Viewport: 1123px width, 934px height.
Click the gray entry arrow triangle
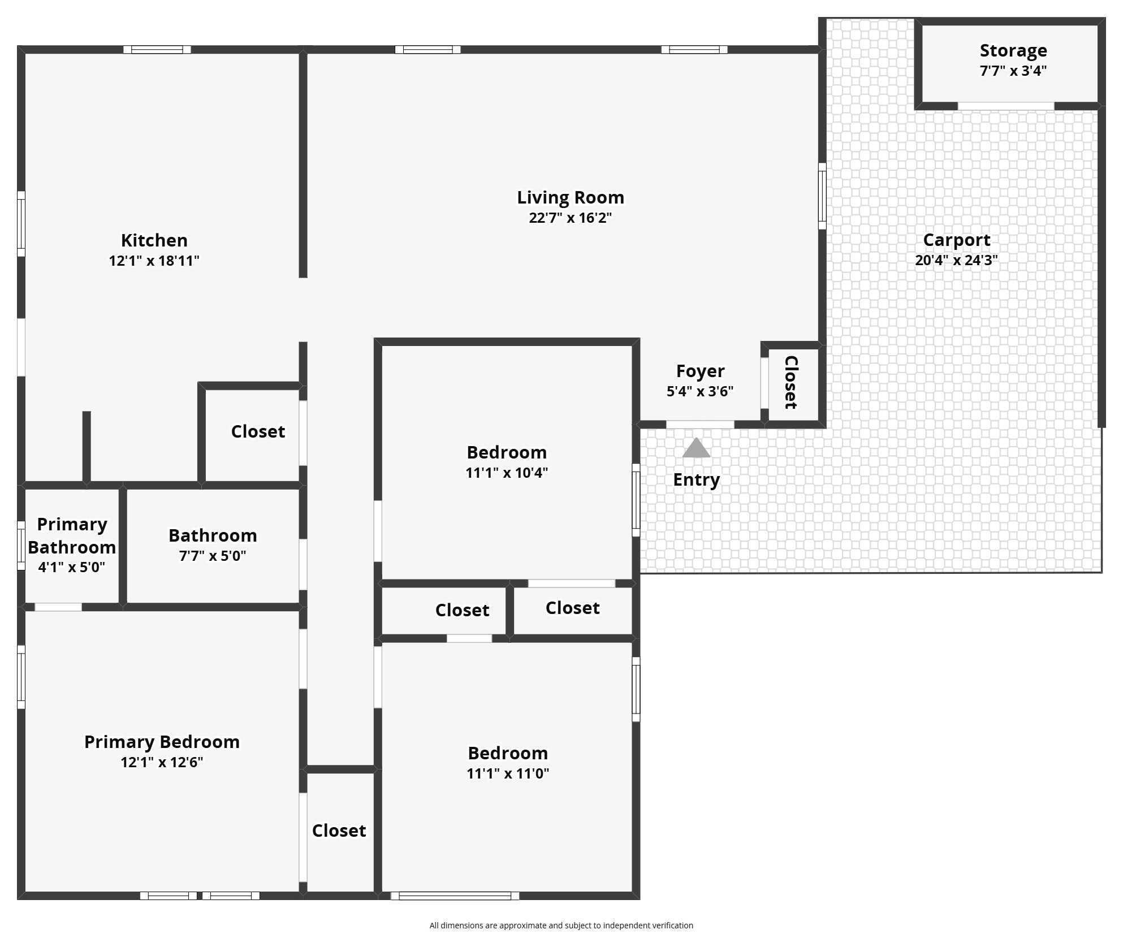coord(696,448)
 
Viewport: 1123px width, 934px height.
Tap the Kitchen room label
coord(154,240)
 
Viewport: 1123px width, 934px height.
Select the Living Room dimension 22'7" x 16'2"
coord(571,218)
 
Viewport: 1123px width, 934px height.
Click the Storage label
coord(1013,51)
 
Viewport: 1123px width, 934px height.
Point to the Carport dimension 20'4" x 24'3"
coord(957,260)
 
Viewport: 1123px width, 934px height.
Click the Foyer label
coord(701,371)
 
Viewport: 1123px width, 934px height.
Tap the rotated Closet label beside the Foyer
coord(791,382)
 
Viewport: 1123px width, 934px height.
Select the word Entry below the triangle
coord(697,480)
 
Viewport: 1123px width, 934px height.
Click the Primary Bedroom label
coord(162,742)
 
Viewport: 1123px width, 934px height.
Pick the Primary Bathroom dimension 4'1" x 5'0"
coord(72,567)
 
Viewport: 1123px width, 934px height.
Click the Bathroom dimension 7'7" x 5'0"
coord(213,556)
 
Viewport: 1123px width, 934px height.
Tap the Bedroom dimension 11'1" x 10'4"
coord(507,473)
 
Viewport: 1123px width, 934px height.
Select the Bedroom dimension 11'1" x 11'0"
coord(508,773)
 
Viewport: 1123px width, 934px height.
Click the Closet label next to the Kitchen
coord(258,432)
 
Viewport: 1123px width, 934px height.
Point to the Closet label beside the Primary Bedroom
coord(339,831)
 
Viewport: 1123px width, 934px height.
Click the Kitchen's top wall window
coord(157,50)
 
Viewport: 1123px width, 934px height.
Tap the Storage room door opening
coord(1006,106)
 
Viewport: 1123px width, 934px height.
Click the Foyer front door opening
coord(700,424)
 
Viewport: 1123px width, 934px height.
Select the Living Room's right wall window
coord(822,196)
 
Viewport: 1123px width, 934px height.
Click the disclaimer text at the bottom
coord(561,926)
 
